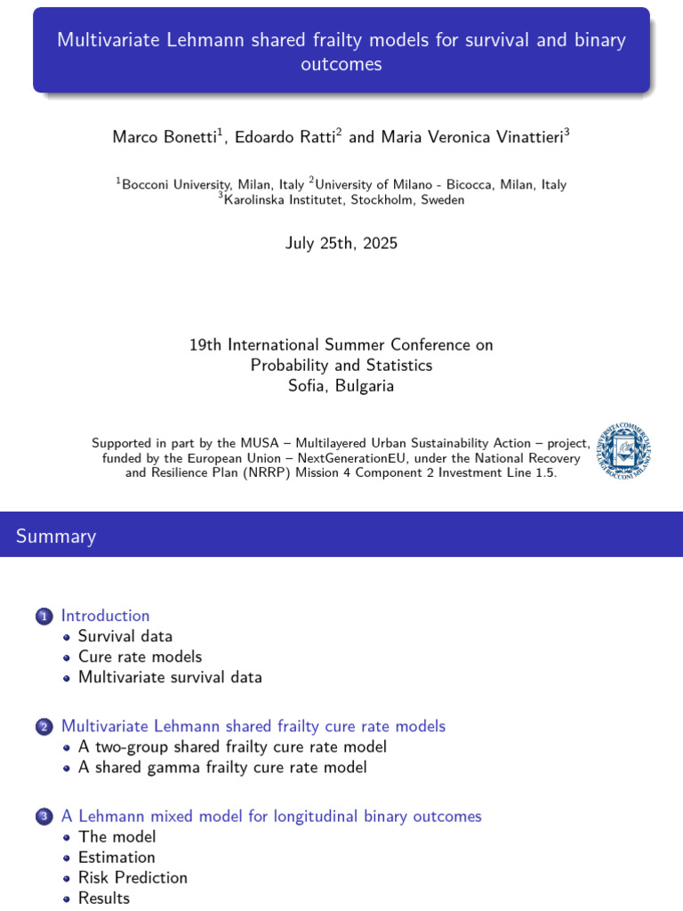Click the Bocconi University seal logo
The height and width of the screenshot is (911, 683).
click(x=623, y=449)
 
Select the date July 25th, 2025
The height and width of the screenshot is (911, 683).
click(x=341, y=243)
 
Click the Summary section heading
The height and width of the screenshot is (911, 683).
click(x=56, y=536)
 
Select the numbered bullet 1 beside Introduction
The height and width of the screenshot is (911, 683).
click(x=44, y=617)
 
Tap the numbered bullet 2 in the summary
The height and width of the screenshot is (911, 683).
click(x=44, y=728)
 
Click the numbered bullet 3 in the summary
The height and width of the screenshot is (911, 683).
click(x=44, y=817)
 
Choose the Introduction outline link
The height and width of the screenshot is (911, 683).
click(x=105, y=616)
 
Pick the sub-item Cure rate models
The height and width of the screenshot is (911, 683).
click(x=140, y=657)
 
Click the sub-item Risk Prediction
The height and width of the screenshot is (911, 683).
click(x=133, y=877)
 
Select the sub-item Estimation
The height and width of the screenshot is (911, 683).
click(x=117, y=857)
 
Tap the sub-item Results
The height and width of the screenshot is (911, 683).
click(x=104, y=898)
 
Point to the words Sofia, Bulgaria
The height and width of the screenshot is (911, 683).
click(x=341, y=386)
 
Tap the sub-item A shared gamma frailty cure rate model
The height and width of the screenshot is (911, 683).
click(x=222, y=767)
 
